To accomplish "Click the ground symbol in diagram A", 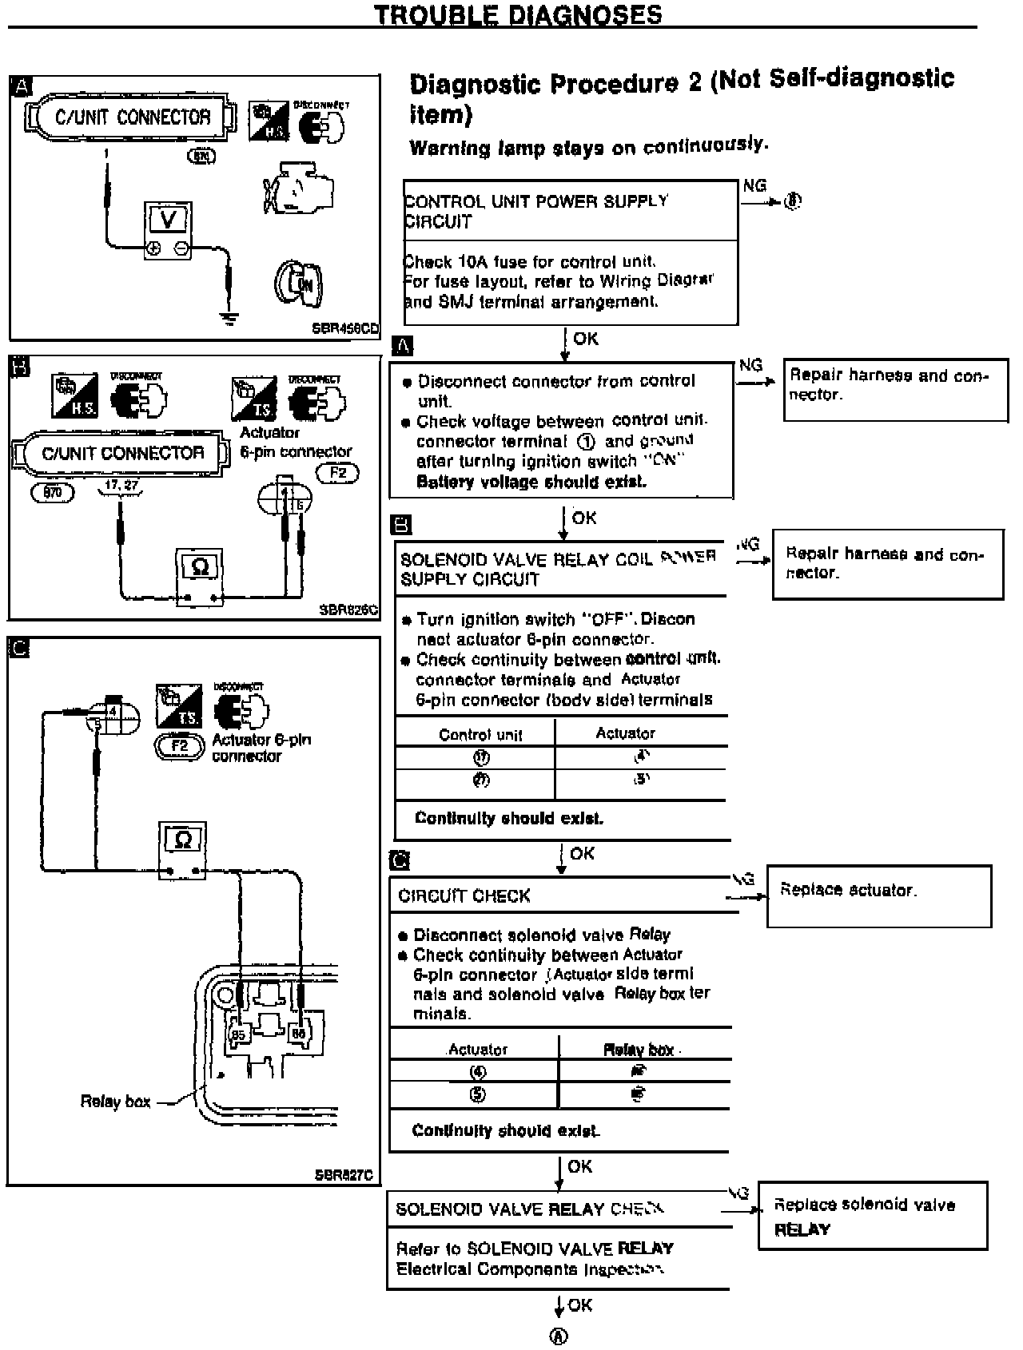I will coord(230,318).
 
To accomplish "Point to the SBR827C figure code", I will coord(344,1175).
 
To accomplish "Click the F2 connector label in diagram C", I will coord(180,746).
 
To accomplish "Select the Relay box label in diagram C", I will coord(115,1102).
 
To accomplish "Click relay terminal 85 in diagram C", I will coord(238,1035).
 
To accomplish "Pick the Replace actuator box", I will coord(878,895).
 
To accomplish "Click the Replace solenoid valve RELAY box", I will coord(872,1215).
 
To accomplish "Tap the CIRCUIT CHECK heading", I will coord(464,896).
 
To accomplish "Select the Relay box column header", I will coord(639,1050).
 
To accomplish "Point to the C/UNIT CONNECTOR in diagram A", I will coord(133,117).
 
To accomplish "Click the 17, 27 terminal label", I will coord(121,485).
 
